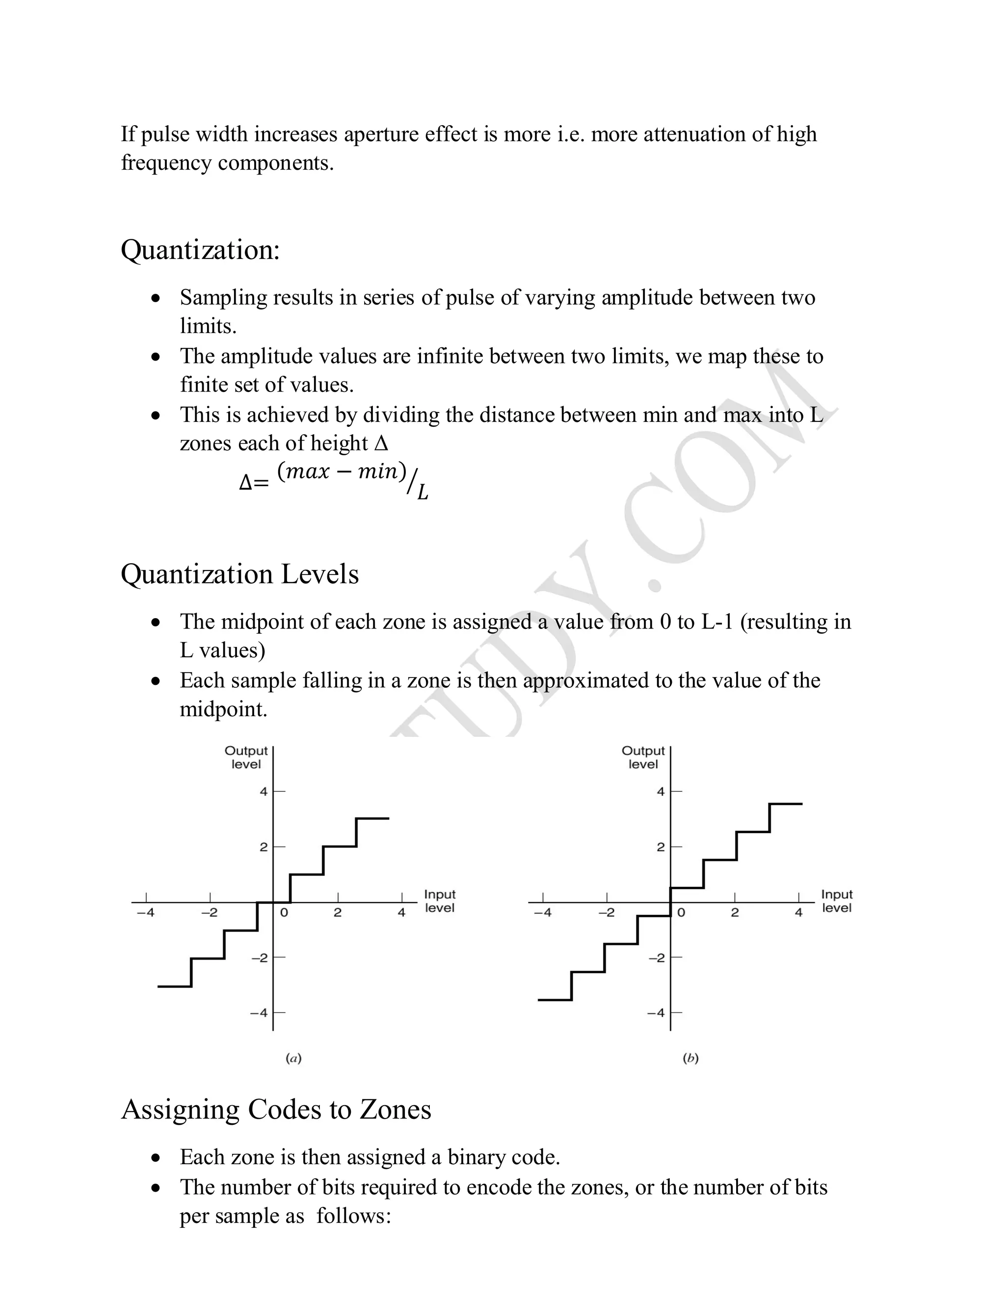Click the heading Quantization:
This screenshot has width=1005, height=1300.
coord(200,250)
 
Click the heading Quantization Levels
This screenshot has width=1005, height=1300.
coord(239,574)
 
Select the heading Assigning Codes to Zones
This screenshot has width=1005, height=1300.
coord(276,1110)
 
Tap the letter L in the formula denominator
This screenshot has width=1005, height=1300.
coord(422,492)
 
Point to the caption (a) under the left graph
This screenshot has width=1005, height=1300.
coord(293,1058)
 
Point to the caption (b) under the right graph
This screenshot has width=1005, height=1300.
coord(690,1058)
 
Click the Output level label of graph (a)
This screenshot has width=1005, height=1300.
coord(246,757)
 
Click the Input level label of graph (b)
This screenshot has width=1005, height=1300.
coord(837,901)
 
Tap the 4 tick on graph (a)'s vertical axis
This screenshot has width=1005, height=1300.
coord(264,792)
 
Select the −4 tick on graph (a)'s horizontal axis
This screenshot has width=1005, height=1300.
coord(145,912)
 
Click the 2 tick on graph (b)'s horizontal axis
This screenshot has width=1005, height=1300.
coord(735,912)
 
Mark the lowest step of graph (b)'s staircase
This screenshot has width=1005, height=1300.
coord(555,1000)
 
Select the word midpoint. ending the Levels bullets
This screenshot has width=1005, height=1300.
coord(223,709)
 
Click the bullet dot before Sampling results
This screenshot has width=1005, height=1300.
coord(156,298)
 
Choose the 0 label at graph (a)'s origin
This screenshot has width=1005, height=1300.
coord(284,912)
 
